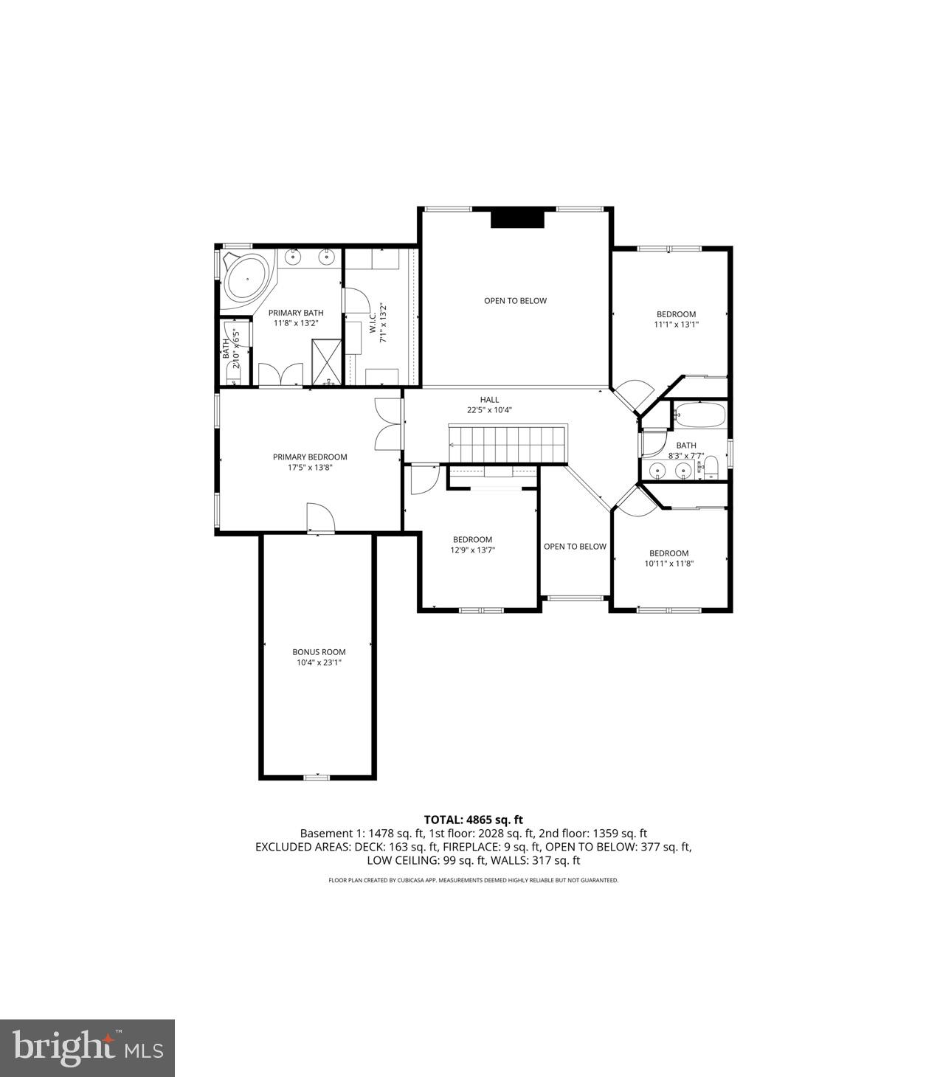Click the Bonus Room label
319,652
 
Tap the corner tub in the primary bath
246,280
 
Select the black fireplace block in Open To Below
516,219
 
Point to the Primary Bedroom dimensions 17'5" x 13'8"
310,467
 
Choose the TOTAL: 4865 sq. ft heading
473,820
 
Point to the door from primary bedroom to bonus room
320,518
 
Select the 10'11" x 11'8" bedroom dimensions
668,564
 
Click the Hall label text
489,400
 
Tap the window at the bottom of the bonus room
317,777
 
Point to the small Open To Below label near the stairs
575,547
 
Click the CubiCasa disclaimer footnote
473,880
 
